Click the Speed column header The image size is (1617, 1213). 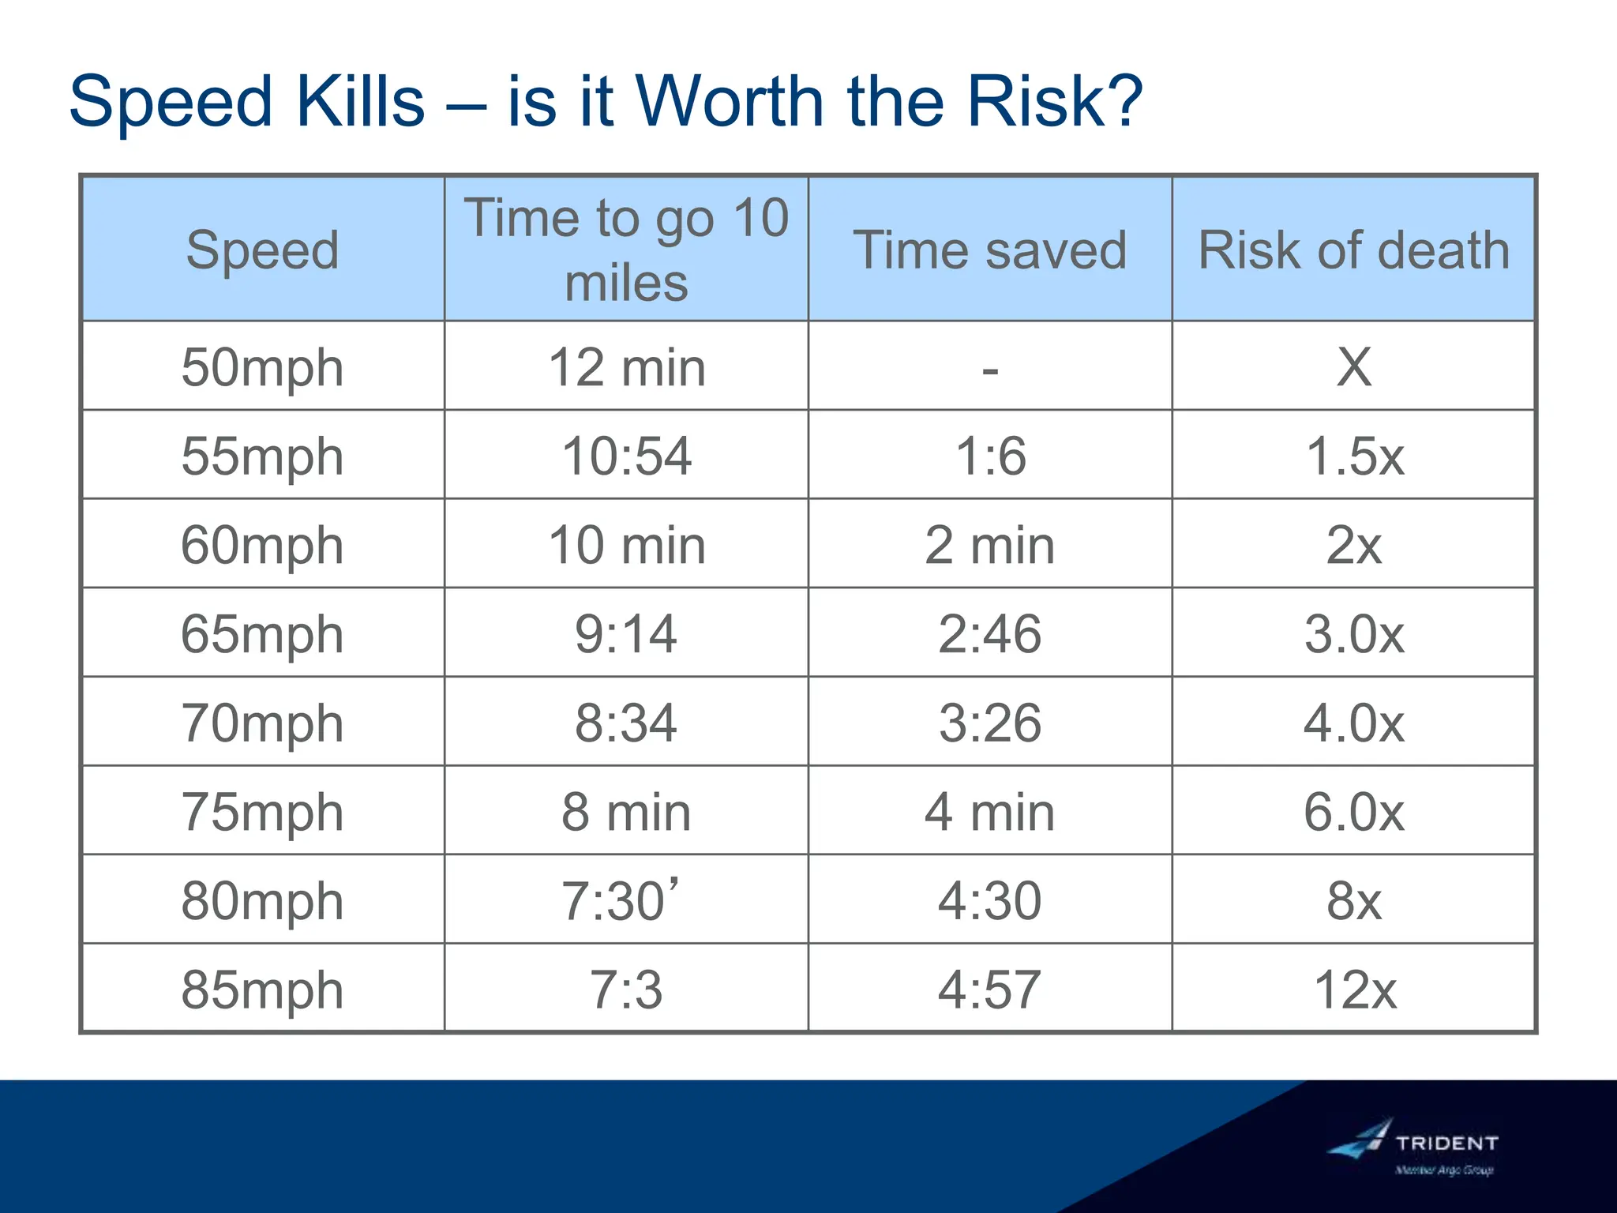263,250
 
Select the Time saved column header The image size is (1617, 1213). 989,250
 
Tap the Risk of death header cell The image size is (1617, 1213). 1353,250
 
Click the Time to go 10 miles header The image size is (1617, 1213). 626,250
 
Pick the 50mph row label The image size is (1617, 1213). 263,367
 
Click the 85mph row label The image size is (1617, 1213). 263,990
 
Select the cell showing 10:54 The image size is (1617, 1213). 626,456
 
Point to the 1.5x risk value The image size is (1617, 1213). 1354,456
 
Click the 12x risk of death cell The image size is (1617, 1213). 1354,990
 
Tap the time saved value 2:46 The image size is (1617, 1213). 989,633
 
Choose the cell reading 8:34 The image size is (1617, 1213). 626,723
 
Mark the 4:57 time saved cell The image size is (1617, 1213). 989,990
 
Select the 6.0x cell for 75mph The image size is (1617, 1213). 1354,812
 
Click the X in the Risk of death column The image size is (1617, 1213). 1354,367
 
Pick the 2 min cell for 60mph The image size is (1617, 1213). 989,545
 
